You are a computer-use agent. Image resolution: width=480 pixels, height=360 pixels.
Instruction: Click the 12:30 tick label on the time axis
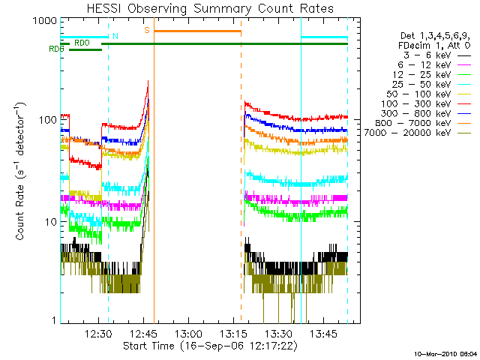(x=99, y=334)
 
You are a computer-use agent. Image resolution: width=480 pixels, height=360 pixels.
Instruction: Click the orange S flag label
(x=147, y=30)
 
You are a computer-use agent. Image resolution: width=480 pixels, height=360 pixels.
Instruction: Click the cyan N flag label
(x=115, y=35)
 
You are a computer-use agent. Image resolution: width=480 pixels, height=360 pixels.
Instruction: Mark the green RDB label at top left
(x=55, y=49)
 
